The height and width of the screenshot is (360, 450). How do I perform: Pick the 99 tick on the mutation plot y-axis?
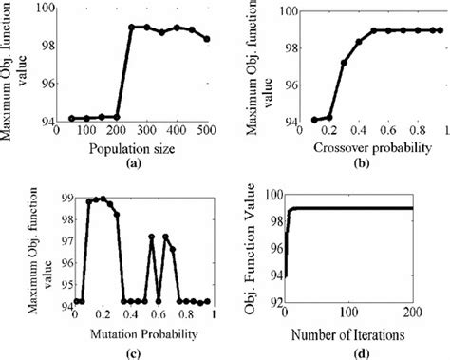click(63, 197)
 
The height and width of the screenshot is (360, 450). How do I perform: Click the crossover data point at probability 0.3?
click(344, 63)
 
